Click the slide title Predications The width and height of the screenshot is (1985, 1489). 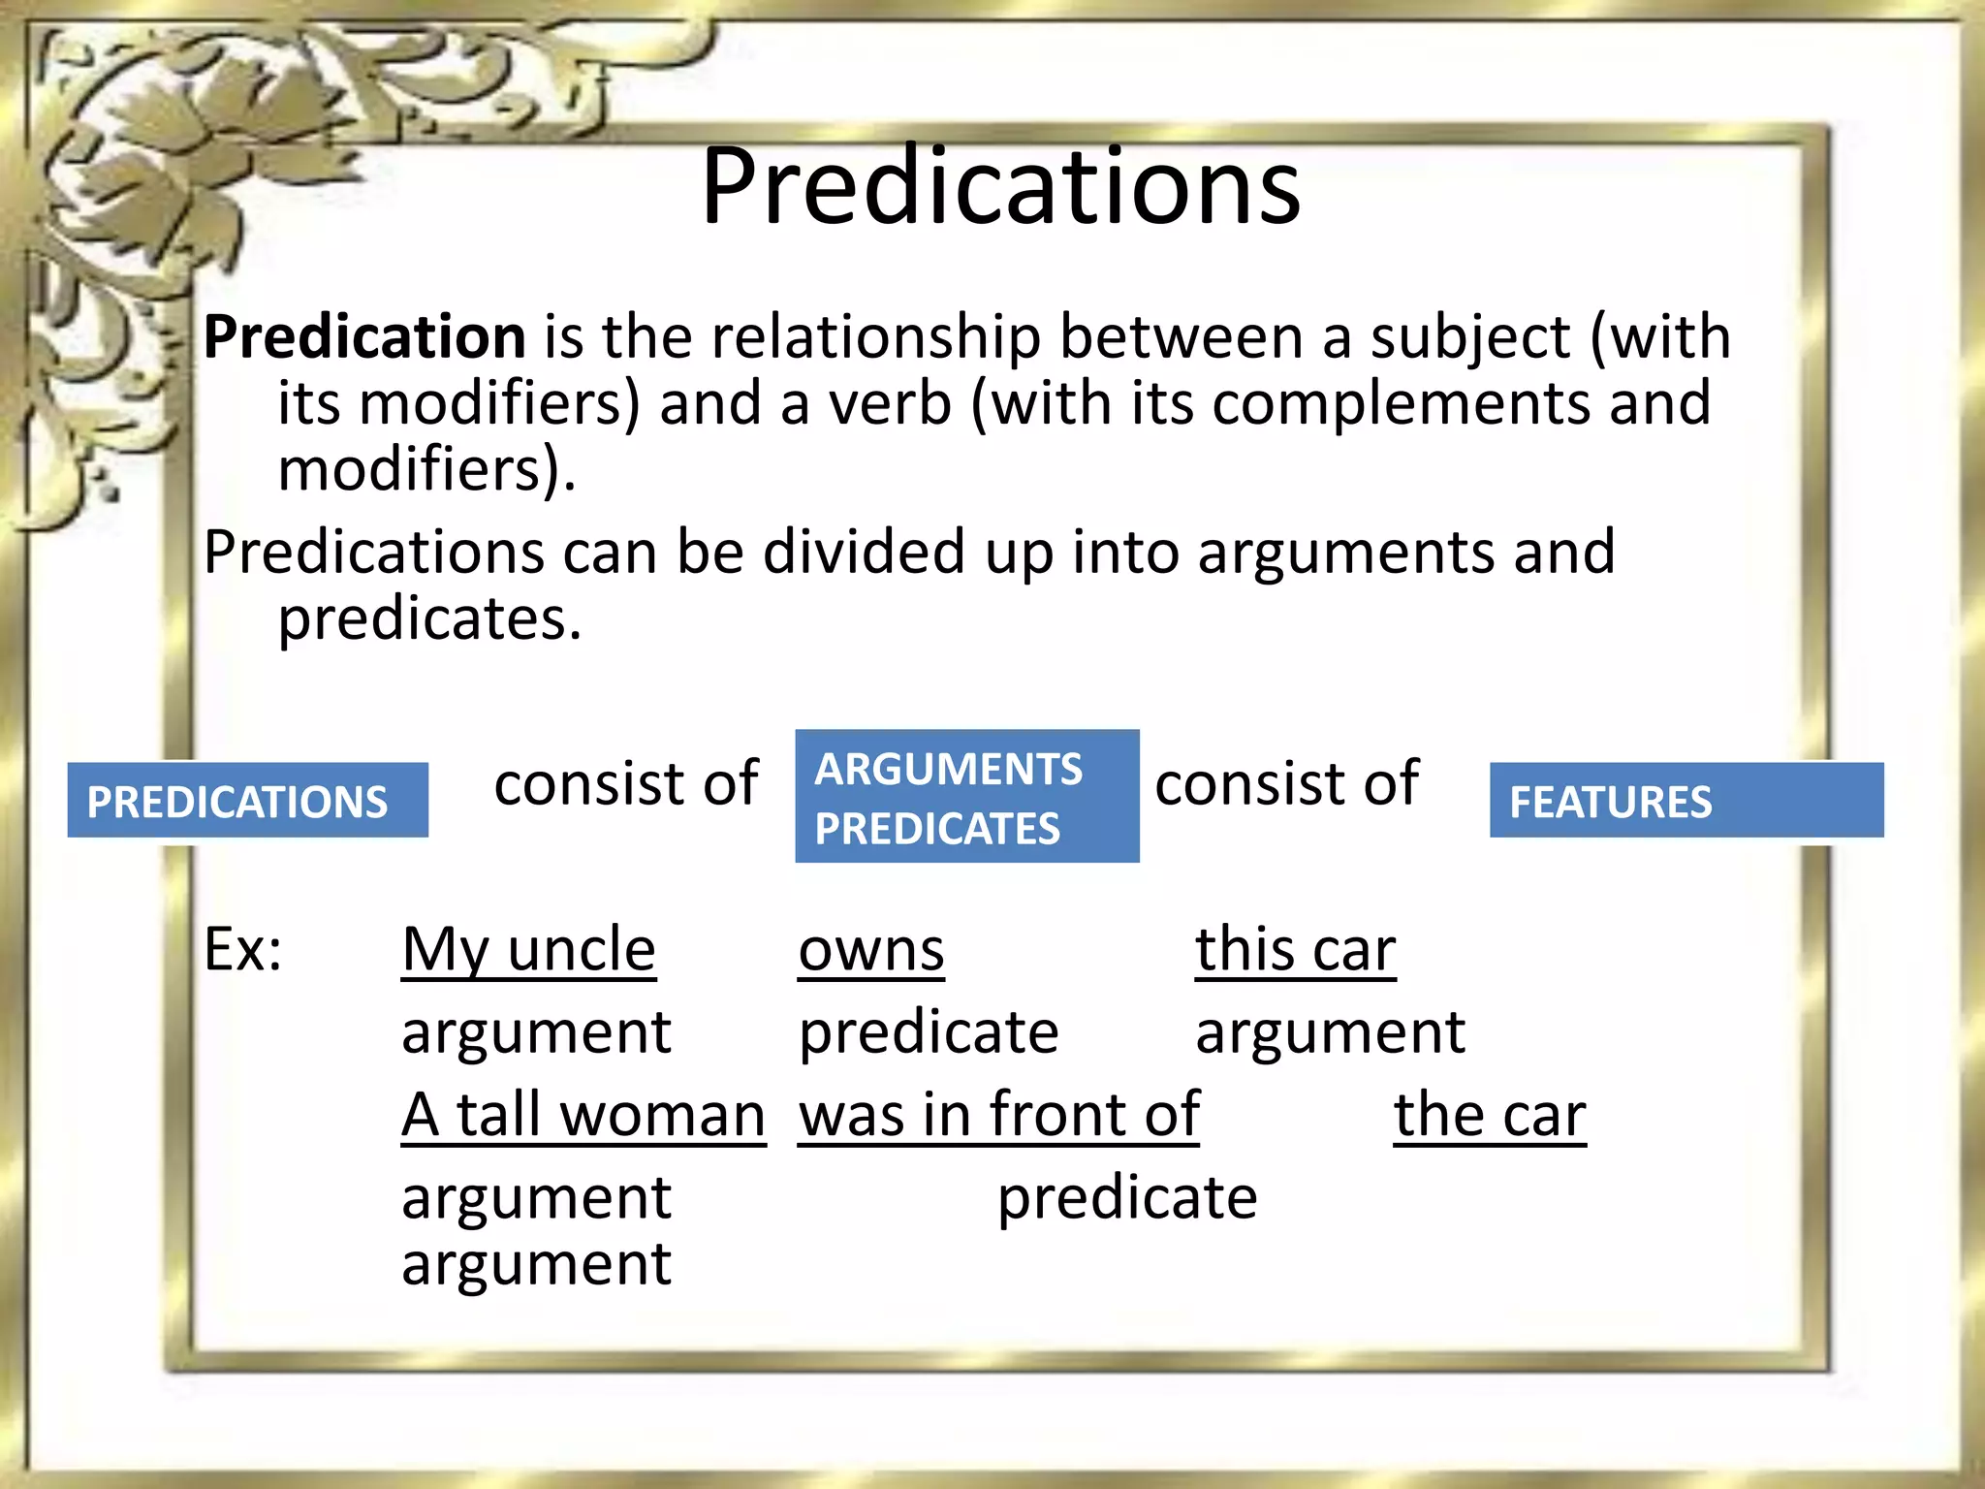tap(1000, 186)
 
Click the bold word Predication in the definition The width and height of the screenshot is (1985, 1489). tap(364, 337)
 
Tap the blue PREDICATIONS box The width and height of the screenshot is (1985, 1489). tap(247, 801)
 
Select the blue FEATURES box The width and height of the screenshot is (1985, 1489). tap(1686, 801)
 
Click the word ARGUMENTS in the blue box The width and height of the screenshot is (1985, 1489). tap(948, 770)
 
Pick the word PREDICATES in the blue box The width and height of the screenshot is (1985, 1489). tap(937, 829)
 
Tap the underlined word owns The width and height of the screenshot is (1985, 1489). tap(870, 951)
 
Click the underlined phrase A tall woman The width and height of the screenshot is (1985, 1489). tap(583, 1115)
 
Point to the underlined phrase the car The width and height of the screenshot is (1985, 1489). tap(1490, 1115)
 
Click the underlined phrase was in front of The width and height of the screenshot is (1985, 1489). tap(998, 1115)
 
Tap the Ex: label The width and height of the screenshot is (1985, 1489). tap(242, 949)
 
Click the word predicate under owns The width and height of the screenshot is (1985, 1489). tap(929, 1032)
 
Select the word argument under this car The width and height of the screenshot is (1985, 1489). tap(1330, 1032)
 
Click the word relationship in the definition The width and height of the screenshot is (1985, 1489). tap(875, 337)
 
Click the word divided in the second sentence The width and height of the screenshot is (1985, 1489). tap(864, 553)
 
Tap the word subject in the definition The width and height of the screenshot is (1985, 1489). tap(1469, 337)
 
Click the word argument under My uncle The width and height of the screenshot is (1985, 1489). tap(536, 1032)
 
